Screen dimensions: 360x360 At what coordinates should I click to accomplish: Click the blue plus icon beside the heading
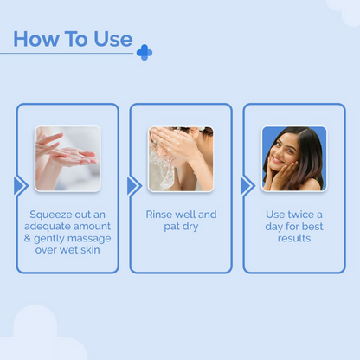pyautogui.click(x=144, y=53)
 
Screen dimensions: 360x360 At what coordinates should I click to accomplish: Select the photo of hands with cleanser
pyautogui.click(x=67, y=158)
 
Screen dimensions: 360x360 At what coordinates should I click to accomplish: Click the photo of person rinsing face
pyautogui.click(x=181, y=158)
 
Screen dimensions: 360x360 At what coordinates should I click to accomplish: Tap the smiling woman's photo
pyautogui.click(x=293, y=158)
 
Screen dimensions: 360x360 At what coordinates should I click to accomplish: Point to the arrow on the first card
pyautogui.click(x=21, y=186)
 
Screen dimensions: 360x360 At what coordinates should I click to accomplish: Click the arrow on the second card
pyautogui.click(x=133, y=186)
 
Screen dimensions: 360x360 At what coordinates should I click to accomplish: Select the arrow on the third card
pyautogui.click(x=247, y=186)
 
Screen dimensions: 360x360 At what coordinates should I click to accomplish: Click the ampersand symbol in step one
pyautogui.click(x=34, y=239)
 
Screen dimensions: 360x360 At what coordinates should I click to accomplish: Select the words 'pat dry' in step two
pyautogui.click(x=181, y=227)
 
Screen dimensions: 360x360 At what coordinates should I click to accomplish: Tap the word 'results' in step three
pyautogui.click(x=293, y=238)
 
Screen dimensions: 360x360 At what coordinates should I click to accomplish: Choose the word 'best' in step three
pyautogui.click(x=312, y=227)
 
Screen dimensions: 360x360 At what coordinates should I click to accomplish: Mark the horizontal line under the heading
pyautogui.click(x=69, y=54)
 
